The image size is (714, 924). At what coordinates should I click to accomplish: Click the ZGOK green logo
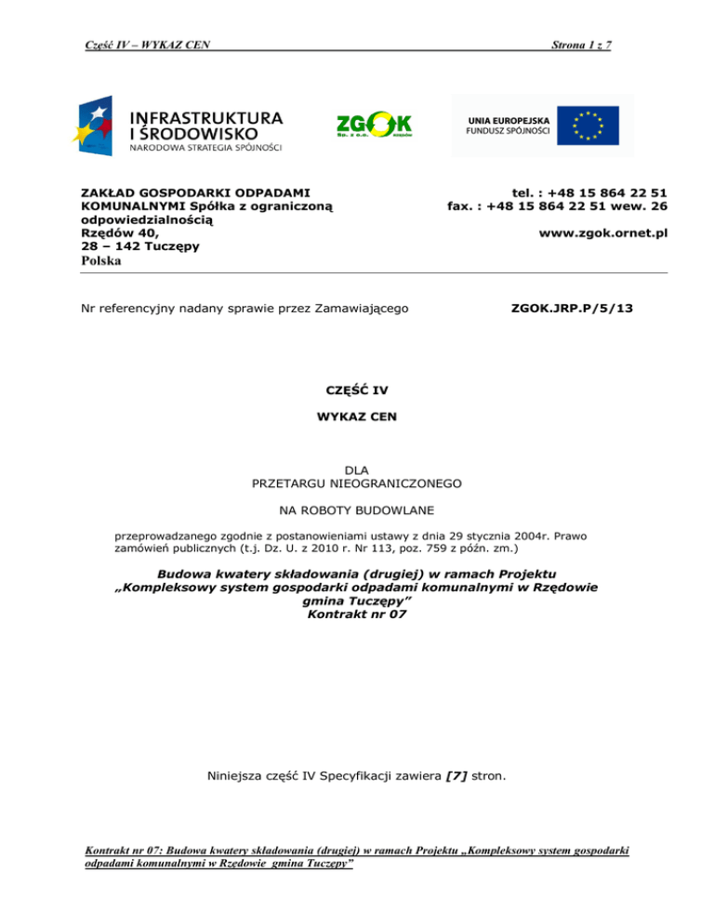[373, 125]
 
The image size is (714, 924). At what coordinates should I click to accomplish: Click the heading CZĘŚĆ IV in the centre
[356, 390]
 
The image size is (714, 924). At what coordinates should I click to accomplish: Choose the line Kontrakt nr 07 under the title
[356, 615]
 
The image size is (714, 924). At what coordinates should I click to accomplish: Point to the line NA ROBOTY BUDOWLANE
[356, 510]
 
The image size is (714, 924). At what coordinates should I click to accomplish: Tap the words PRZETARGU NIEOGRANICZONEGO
[356, 483]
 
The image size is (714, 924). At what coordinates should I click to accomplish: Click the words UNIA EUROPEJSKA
[508, 120]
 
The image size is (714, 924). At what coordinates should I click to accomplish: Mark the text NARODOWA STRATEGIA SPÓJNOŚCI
[205, 147]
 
